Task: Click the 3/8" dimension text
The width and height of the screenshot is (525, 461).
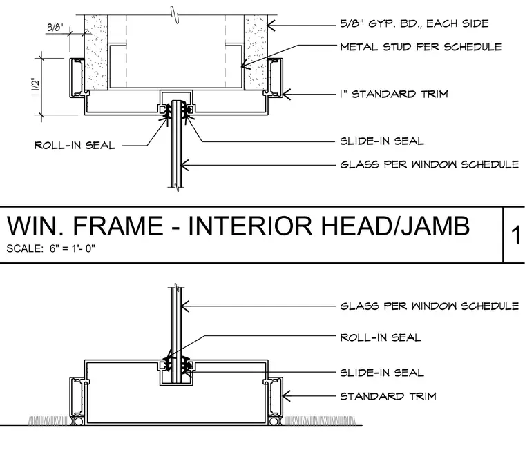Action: [x=55, y=27]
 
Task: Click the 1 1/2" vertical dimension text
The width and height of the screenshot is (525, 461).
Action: [x=35, y=87]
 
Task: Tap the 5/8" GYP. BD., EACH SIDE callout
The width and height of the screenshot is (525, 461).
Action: [x=414, y=23]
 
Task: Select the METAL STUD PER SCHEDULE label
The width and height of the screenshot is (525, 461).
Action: [x=421, y=47]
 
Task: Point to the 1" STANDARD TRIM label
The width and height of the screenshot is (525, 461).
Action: [x=394, y=94]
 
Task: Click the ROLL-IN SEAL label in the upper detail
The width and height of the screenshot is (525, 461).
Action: [x=75, y=145]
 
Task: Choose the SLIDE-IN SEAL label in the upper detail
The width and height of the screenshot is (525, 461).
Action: [x=382, y=141]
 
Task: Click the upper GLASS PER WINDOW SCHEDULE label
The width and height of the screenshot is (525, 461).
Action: [x=430, y=165]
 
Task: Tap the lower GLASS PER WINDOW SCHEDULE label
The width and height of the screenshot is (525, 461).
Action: [x=430, y=306]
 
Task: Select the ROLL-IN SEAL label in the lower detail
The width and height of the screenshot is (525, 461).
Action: [x=381, y=337]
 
